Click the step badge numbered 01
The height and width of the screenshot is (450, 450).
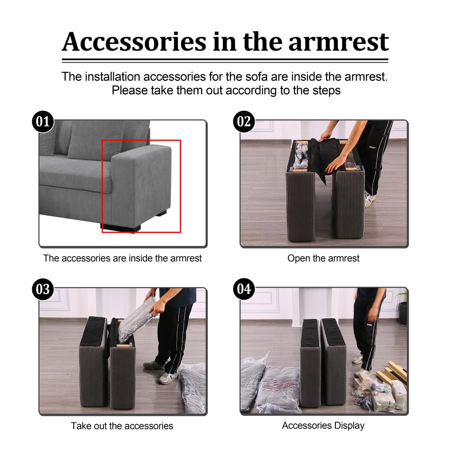[43, 122]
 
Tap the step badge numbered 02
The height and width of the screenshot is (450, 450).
[244, 122]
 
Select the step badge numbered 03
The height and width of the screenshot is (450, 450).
[43, 289]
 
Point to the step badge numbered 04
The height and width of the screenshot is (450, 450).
[244, 289]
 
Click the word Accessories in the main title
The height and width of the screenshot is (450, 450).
[134, 42]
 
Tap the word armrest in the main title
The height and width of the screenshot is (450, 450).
[338, 42]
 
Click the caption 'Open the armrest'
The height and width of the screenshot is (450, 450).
[323, 258]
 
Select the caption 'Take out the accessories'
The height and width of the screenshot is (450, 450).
[122, 426]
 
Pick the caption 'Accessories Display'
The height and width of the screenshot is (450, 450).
[323, 426]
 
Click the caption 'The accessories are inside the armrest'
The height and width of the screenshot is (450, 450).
[122, 258]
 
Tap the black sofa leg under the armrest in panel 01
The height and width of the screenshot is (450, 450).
[121, 228]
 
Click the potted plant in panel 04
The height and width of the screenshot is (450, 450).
[403, 309]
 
